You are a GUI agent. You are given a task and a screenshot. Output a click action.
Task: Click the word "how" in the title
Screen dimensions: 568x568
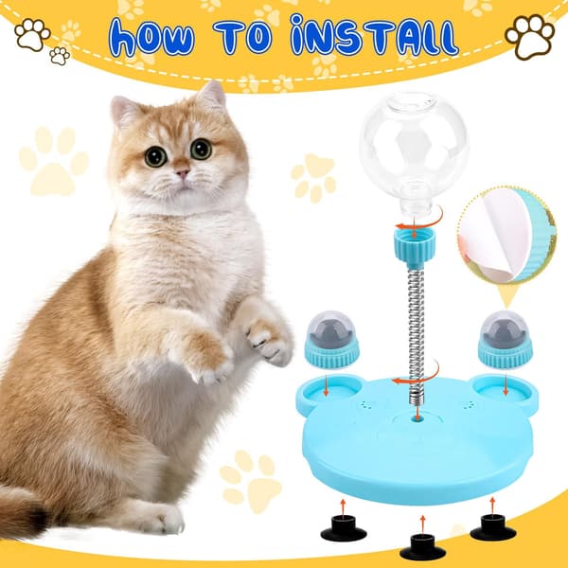point(151,38)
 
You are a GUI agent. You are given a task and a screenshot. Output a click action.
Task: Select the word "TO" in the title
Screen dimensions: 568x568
point(243,37)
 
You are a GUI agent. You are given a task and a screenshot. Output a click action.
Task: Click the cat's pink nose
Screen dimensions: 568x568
point(182,172)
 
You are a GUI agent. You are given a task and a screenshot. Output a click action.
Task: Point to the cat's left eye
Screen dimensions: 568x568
point(201,149)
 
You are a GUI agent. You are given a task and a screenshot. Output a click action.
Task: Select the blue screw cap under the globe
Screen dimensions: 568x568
point(414,246)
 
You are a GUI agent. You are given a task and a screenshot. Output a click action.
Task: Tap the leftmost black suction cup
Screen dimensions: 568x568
point(344,528)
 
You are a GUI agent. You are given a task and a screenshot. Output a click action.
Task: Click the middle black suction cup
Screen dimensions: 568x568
point(423,547)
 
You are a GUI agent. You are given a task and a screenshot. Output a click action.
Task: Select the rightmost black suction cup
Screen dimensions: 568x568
point(493,527)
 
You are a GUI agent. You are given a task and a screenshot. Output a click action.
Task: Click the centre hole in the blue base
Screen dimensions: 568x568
point(417,419)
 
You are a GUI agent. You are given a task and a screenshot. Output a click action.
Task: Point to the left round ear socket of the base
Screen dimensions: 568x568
point(329,390)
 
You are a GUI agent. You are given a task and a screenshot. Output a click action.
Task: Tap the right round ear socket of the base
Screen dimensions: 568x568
point(505,390)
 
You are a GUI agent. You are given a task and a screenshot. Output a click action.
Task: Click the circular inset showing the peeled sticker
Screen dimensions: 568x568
point(507,236)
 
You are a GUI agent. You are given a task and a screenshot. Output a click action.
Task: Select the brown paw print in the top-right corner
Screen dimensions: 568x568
point(529,36)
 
